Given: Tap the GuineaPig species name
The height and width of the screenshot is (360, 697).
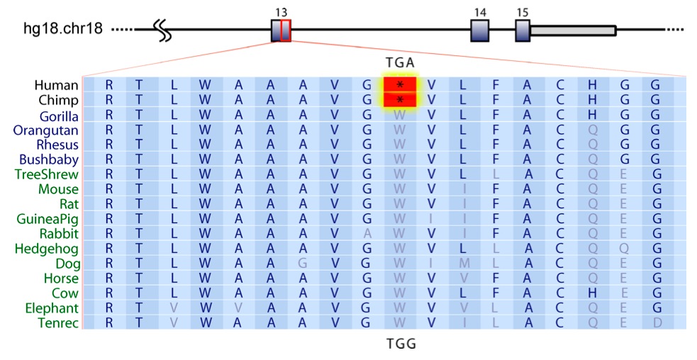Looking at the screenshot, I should click(48, 219).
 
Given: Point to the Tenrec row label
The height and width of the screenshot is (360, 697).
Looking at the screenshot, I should click(58, 322).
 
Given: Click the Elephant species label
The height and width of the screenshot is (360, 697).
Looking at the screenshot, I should click(50, 308).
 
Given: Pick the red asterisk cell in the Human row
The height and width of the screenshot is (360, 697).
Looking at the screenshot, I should click(400, 85).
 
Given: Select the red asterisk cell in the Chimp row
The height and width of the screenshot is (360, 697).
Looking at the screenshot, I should click(400, 100).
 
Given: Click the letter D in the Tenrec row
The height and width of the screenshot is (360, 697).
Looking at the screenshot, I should click(657, 322).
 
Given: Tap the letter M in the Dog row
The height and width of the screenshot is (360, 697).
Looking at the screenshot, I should click(464, 264).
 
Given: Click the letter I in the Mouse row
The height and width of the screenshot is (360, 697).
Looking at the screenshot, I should click(464, 189).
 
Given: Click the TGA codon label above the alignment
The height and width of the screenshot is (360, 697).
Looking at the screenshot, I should click(400, 62).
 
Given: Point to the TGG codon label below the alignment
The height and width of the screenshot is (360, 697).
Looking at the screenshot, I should click(400, 344).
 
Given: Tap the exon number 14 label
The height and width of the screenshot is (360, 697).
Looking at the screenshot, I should click(480, 13).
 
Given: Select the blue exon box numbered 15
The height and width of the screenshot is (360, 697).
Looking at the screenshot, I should click(523, 30).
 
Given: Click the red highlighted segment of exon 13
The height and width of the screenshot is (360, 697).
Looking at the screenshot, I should click(286, 30).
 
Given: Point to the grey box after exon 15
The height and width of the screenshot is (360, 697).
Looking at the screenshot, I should click(573, 30).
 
